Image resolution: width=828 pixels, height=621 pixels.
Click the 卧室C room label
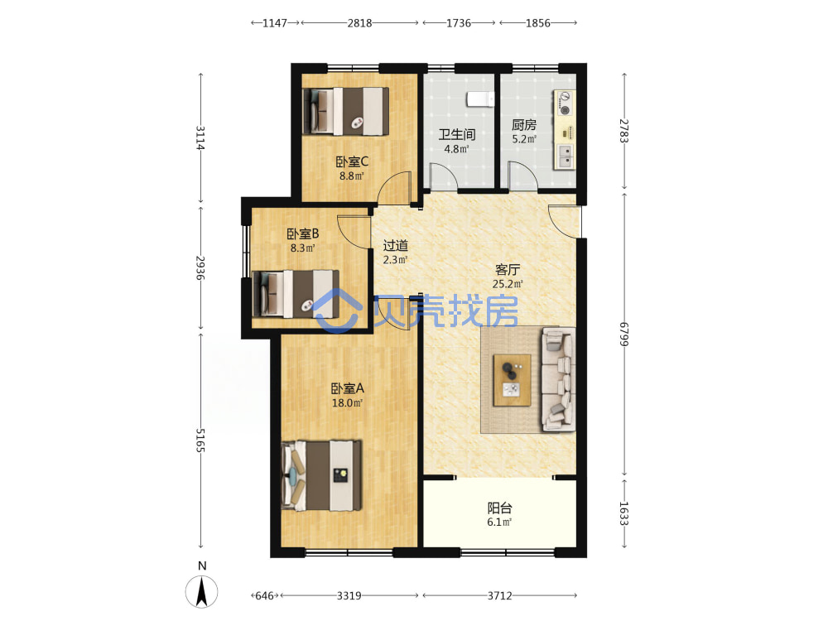click(x=352, y=161)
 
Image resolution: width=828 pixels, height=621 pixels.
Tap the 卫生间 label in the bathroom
click(x=457, y=134)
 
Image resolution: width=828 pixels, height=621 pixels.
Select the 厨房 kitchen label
click(x=524, y=125)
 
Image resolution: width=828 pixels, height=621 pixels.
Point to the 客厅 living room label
click(x=508, y=269)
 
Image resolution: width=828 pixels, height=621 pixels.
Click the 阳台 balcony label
click(x=499, y=508)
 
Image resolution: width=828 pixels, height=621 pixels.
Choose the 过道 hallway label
click(x=396, y=246)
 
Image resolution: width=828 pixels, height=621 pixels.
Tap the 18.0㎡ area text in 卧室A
click(x=347, y=403)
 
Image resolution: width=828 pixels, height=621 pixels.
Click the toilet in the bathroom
click(x=480, y=99)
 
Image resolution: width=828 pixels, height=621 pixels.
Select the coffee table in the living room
click(x=512, y=380)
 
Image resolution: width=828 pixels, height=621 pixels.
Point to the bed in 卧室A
click(x=321, y=476)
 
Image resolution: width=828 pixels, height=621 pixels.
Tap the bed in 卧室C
click(x=345, y=111)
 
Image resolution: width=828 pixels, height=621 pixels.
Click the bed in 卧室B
click(x=296, y=294)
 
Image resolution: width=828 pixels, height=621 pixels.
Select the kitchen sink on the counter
click(x=565, y=156)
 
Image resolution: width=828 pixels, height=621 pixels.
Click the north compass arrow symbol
click(x=202, y=591)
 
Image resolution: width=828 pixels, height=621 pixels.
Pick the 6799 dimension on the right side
click(x=624, y=334)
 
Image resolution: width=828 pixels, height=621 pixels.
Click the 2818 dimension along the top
click(x=359, y=22)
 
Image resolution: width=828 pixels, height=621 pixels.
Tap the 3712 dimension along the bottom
click(x=499, y=595)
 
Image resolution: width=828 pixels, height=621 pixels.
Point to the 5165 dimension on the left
click(x=200, y=440)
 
